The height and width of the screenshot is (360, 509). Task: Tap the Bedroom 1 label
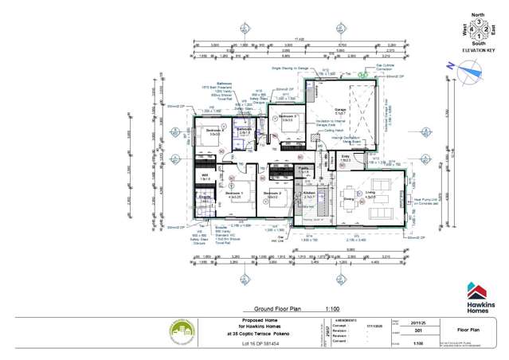[x=233, y=194]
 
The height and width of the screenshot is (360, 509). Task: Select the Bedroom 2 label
[x=272, y=194]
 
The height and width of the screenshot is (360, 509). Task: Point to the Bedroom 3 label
[x=288, y=117]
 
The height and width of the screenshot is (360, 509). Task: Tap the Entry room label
[x=346, y=157]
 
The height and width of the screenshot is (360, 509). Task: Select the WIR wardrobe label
[x=205, y=177]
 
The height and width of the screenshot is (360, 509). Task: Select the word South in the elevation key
[x=478, y=45]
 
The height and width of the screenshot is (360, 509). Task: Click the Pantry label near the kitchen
[x=303, y=170]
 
